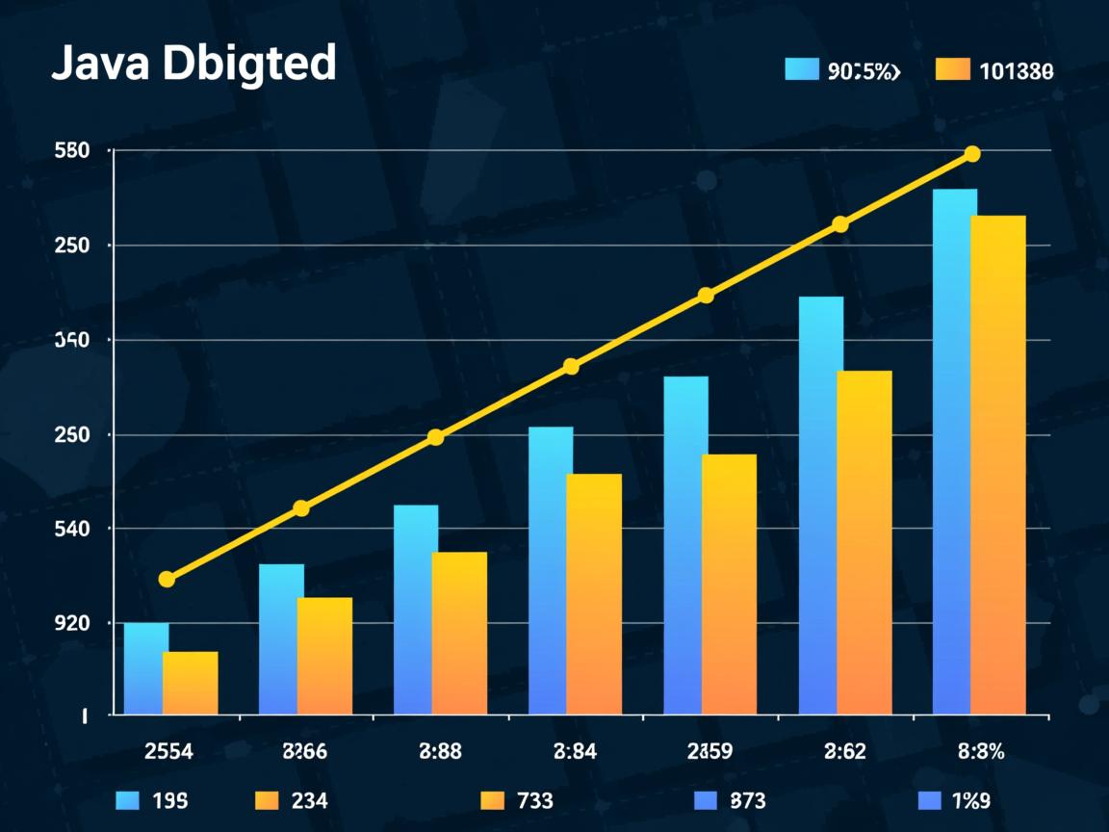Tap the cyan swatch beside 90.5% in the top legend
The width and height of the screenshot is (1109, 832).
pyautogui.click(x=801, y=69)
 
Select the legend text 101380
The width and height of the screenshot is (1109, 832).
pyautogui.click(x=1016, y=70)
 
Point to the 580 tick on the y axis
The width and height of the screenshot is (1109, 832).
pyautogui.click(x=73, y=151)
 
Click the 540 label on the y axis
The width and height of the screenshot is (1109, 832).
pyautogui.click(x=73, y=529)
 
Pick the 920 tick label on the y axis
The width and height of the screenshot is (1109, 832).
pyautogui.click(x=73, y=623)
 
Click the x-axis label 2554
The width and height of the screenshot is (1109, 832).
pyautogui.click(x=168, y=752)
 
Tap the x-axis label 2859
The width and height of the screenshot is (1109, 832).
pyautogui.click(x=709, y=752)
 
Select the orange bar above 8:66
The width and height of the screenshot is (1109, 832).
pyautogui.click(x=325, y=656)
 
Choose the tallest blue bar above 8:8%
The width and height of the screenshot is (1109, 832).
pyautogui.click(x=954, y=452)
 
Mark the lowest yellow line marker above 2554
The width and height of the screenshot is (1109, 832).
pyautogui.click(x=167, y=579)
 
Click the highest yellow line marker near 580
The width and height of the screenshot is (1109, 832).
pyautogui.click(x=972, y=154)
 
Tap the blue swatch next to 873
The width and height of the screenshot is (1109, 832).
pyautogui.click(x=706, y=800)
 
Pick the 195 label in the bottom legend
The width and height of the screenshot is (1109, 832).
pyautogui.click(x=169, y=800)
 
